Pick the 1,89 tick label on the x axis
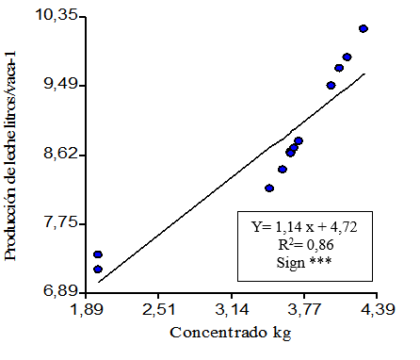[x=87, y=310]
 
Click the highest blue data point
[x=363, y=29]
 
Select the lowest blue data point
[x=98, y=270]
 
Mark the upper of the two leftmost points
[x=98, y=254]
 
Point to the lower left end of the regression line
[x=99, y=281]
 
